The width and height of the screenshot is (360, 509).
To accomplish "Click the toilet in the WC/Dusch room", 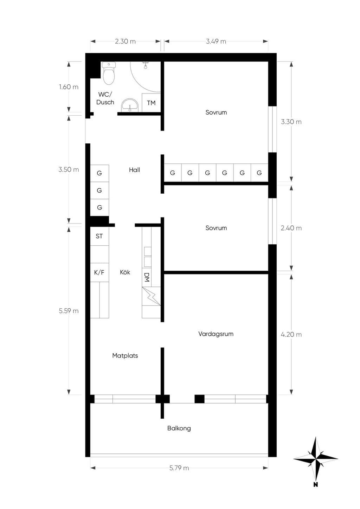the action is tap(109, 73).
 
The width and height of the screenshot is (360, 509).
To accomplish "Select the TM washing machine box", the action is tap(151, 103).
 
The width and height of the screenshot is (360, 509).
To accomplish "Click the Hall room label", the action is tap(134, 170).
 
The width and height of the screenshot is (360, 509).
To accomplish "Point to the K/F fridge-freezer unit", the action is tap(99, 272).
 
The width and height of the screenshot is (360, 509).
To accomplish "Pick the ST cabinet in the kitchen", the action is tap(99, 236).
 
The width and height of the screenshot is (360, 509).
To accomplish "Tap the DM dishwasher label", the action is tap(147, 277).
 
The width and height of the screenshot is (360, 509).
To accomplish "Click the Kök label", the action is tap(125, 272).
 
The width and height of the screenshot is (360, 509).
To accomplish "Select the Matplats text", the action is tap(125, 355).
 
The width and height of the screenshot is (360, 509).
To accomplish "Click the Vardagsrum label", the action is tap(216, 334).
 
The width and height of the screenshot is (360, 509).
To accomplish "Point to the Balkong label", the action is tap(179, 428).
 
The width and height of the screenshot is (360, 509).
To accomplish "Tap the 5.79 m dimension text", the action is tap(179, 468).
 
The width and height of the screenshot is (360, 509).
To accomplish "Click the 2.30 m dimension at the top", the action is tap(125, 41).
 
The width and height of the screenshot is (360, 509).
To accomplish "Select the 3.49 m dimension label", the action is tap(216, 41).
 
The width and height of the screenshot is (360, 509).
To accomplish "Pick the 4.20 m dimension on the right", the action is tap(291, 335).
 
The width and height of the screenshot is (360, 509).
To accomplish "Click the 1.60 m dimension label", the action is tap(69, 87).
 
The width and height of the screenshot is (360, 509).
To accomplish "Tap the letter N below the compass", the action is tap(316, 484).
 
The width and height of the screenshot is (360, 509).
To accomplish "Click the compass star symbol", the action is tap(316, 459).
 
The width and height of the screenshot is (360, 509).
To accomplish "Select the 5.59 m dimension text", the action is tap(69, 311).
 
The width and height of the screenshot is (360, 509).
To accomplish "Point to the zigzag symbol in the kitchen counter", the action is tap(151, 296).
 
